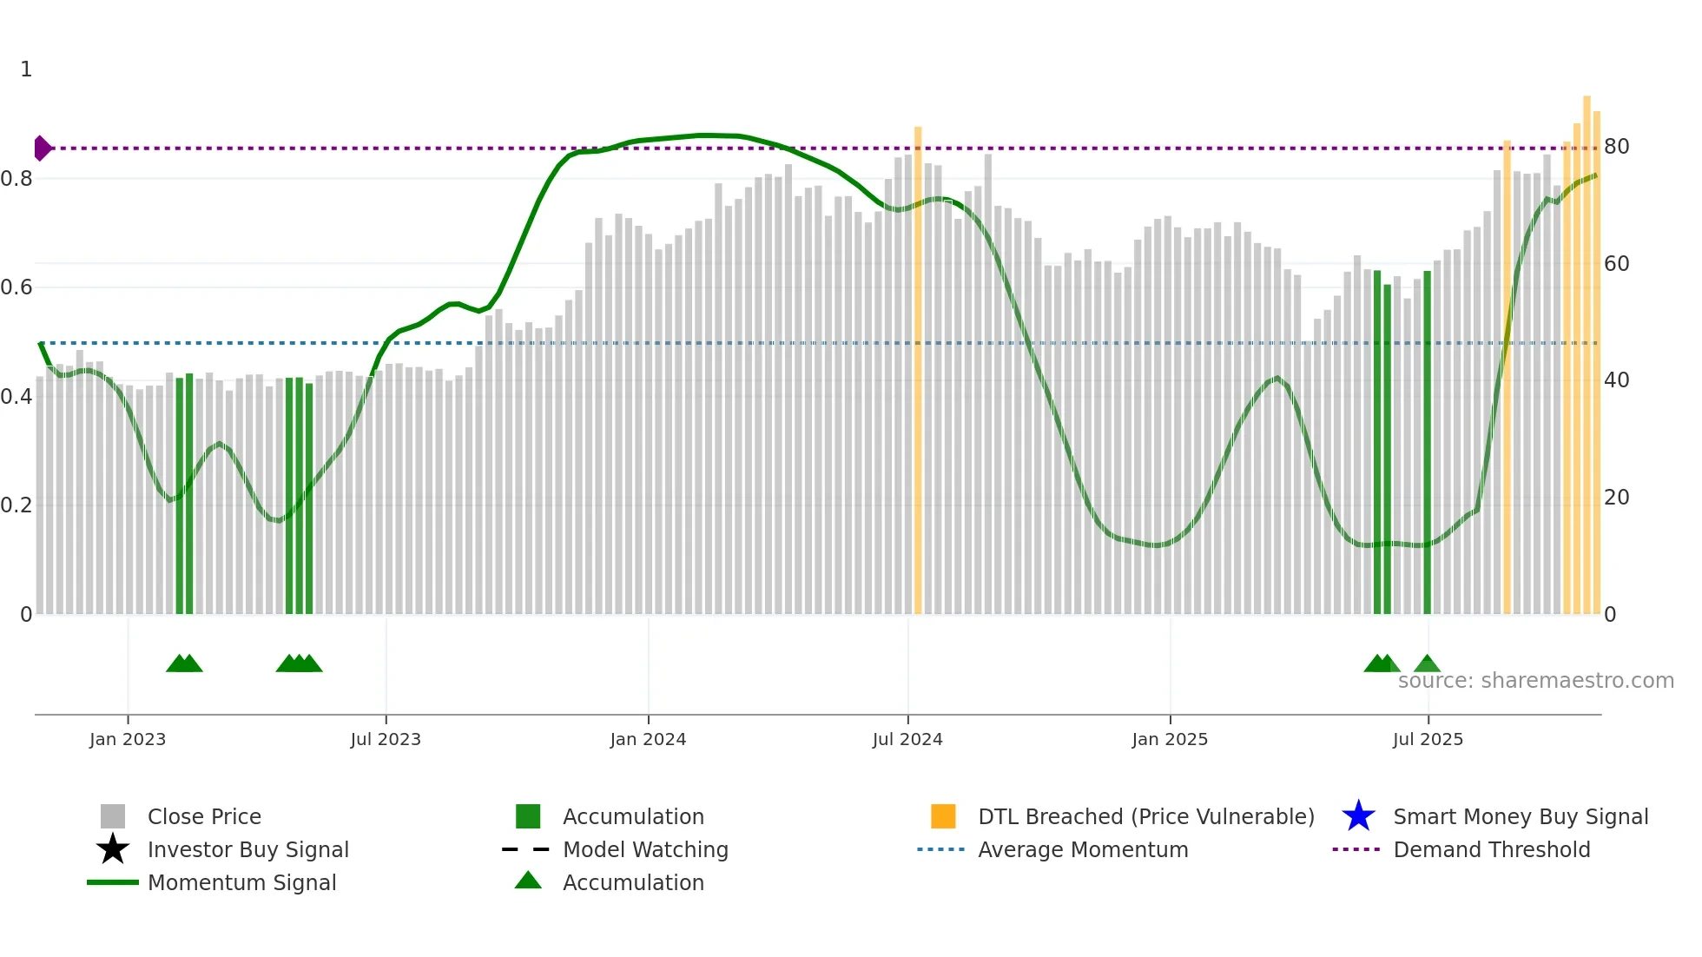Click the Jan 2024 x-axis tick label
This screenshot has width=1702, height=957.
648,739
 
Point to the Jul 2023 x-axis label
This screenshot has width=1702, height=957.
386,739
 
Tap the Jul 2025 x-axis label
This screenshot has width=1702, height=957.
1428,739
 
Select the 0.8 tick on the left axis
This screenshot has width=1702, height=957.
17,179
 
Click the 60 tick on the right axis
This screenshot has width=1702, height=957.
1616,264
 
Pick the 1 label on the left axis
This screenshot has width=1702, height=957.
26,69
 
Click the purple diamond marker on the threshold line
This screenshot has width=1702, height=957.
42,148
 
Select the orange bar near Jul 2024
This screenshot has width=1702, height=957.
918,373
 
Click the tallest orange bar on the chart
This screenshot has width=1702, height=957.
1587,356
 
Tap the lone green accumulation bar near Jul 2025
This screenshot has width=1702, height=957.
1427,443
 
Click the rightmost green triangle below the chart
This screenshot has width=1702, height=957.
1427,664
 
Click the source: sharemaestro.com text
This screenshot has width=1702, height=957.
1535,681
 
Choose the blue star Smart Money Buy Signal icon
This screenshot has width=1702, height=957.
1358,816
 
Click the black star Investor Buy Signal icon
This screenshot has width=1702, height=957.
113,849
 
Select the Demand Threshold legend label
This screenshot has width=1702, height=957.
1491,849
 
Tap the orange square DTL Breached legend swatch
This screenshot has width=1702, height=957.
943,816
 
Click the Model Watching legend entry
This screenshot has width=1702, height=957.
645,849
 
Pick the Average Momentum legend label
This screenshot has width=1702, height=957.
1083,849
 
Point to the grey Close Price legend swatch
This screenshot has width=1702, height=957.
113,816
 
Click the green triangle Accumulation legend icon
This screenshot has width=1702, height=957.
528,881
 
